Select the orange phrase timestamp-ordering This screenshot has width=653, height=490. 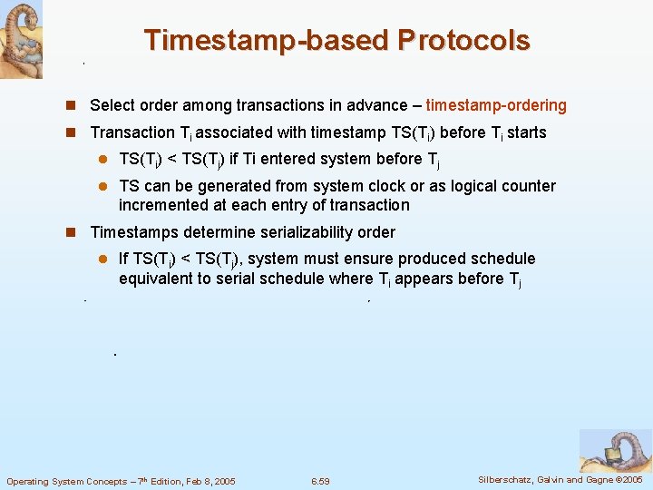496,105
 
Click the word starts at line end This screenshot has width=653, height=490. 527,132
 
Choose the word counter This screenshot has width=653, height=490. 529,186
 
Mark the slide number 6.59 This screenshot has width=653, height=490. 320,481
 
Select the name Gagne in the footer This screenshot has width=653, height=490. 601,479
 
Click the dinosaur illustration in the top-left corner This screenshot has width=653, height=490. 21,38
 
